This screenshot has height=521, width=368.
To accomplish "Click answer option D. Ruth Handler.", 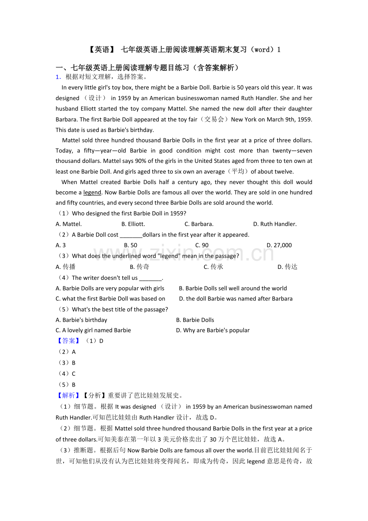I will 275,224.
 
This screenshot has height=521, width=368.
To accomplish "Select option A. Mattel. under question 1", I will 69,224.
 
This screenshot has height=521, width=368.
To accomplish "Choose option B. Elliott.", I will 133,224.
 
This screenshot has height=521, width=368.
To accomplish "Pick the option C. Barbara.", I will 199,224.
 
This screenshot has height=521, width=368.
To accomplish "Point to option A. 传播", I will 66,267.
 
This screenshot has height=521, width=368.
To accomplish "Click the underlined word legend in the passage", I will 92,192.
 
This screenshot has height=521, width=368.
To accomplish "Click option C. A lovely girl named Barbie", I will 93,331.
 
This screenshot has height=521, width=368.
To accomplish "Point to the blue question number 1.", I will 58,77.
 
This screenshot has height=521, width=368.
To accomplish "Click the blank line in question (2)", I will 131,235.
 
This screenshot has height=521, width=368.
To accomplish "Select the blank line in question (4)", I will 150,278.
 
